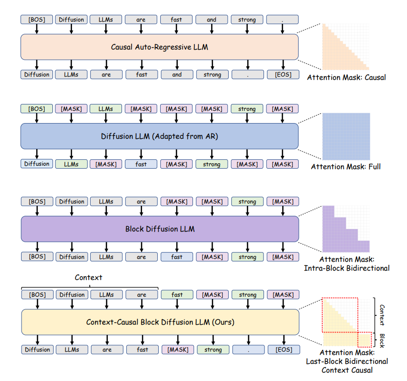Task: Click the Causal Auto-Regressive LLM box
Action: [x=159, y=47]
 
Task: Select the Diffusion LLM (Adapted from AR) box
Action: [x=159, y=136]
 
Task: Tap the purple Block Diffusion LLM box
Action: [x=160, y=229]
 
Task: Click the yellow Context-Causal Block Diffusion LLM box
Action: [x=160, y=322]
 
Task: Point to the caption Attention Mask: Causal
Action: [x=346, y=77]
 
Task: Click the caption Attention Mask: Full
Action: [x=346, y=167]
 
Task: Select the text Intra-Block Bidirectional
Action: [x=347, y=268]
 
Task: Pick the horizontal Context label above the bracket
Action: [x=89, y=278]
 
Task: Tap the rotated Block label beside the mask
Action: [x=382, y=341]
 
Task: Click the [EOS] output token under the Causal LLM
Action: [x=283, y=75]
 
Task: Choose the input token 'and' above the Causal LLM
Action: [x=212, y=20]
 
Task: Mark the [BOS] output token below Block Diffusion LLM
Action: [x=37, y=257]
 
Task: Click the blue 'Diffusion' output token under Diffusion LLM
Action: [x=37, y=164]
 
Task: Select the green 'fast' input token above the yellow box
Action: [x=177, y=295]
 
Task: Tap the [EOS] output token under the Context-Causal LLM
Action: [x=284, y=350]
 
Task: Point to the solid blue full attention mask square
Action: [x=346, y=136]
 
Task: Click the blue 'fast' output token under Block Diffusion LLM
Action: [x=177, y=257]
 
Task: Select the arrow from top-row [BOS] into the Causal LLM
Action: [x=37, y=29]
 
